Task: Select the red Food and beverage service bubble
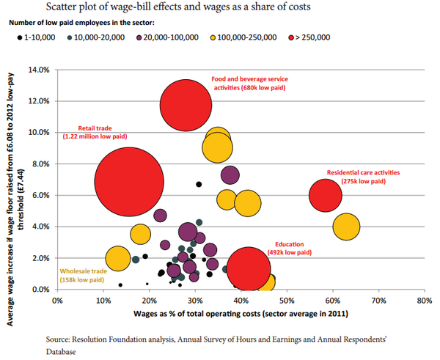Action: [x=186, y=106]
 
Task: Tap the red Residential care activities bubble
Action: [x=326, y=196]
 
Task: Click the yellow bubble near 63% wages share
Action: [x=346, y=227]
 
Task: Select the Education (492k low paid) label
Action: [x=293, y=248]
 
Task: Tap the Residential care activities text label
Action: [x=363, y=177]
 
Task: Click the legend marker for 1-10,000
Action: [x=16, y=36]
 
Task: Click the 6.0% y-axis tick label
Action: [x=39, y=196]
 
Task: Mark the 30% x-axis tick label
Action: [x=194, y=300]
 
